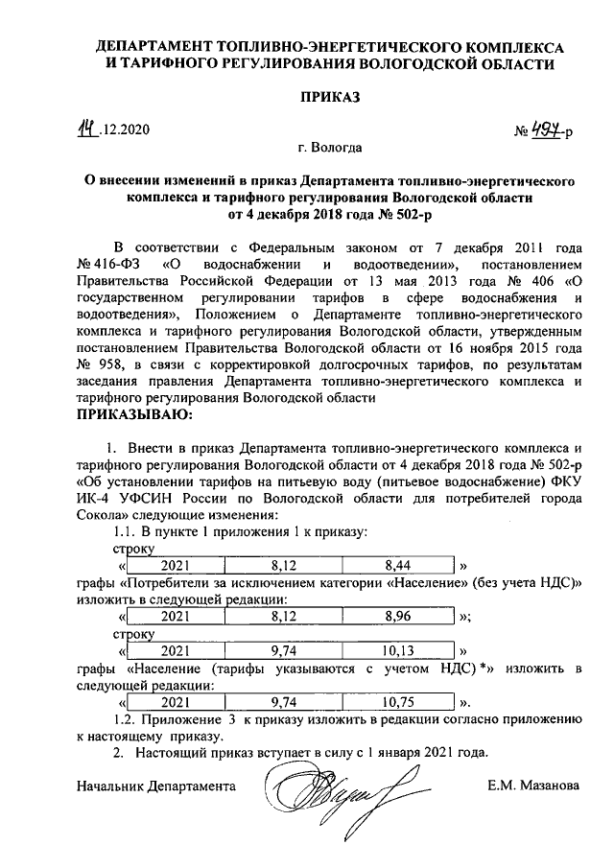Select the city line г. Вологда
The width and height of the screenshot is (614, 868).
(329, 150)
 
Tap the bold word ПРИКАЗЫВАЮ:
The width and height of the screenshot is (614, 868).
(133, 415)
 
